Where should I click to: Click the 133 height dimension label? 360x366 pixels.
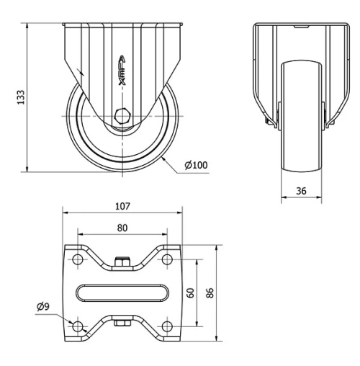click(21, 97)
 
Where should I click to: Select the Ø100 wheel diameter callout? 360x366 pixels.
click(196, 165)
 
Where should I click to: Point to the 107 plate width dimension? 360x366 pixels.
click(122, 206)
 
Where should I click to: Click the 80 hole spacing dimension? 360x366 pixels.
click(122, 228)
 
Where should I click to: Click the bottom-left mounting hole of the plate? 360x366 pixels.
click(77, 326)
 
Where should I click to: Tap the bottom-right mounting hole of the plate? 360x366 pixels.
click(166, 326)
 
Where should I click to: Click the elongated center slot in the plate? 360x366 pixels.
click(122, 293)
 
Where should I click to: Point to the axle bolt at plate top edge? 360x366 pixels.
click(122, 262)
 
